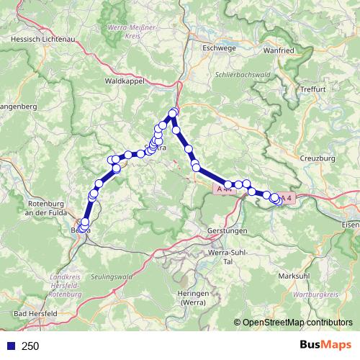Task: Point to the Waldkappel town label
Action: click(x=125, y=81)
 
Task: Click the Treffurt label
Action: click(x=315, y=89)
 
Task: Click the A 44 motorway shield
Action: click(x=223, y=187)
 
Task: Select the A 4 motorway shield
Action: click(x=287, y=197)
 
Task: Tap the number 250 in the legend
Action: click(x=30, y=346)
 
